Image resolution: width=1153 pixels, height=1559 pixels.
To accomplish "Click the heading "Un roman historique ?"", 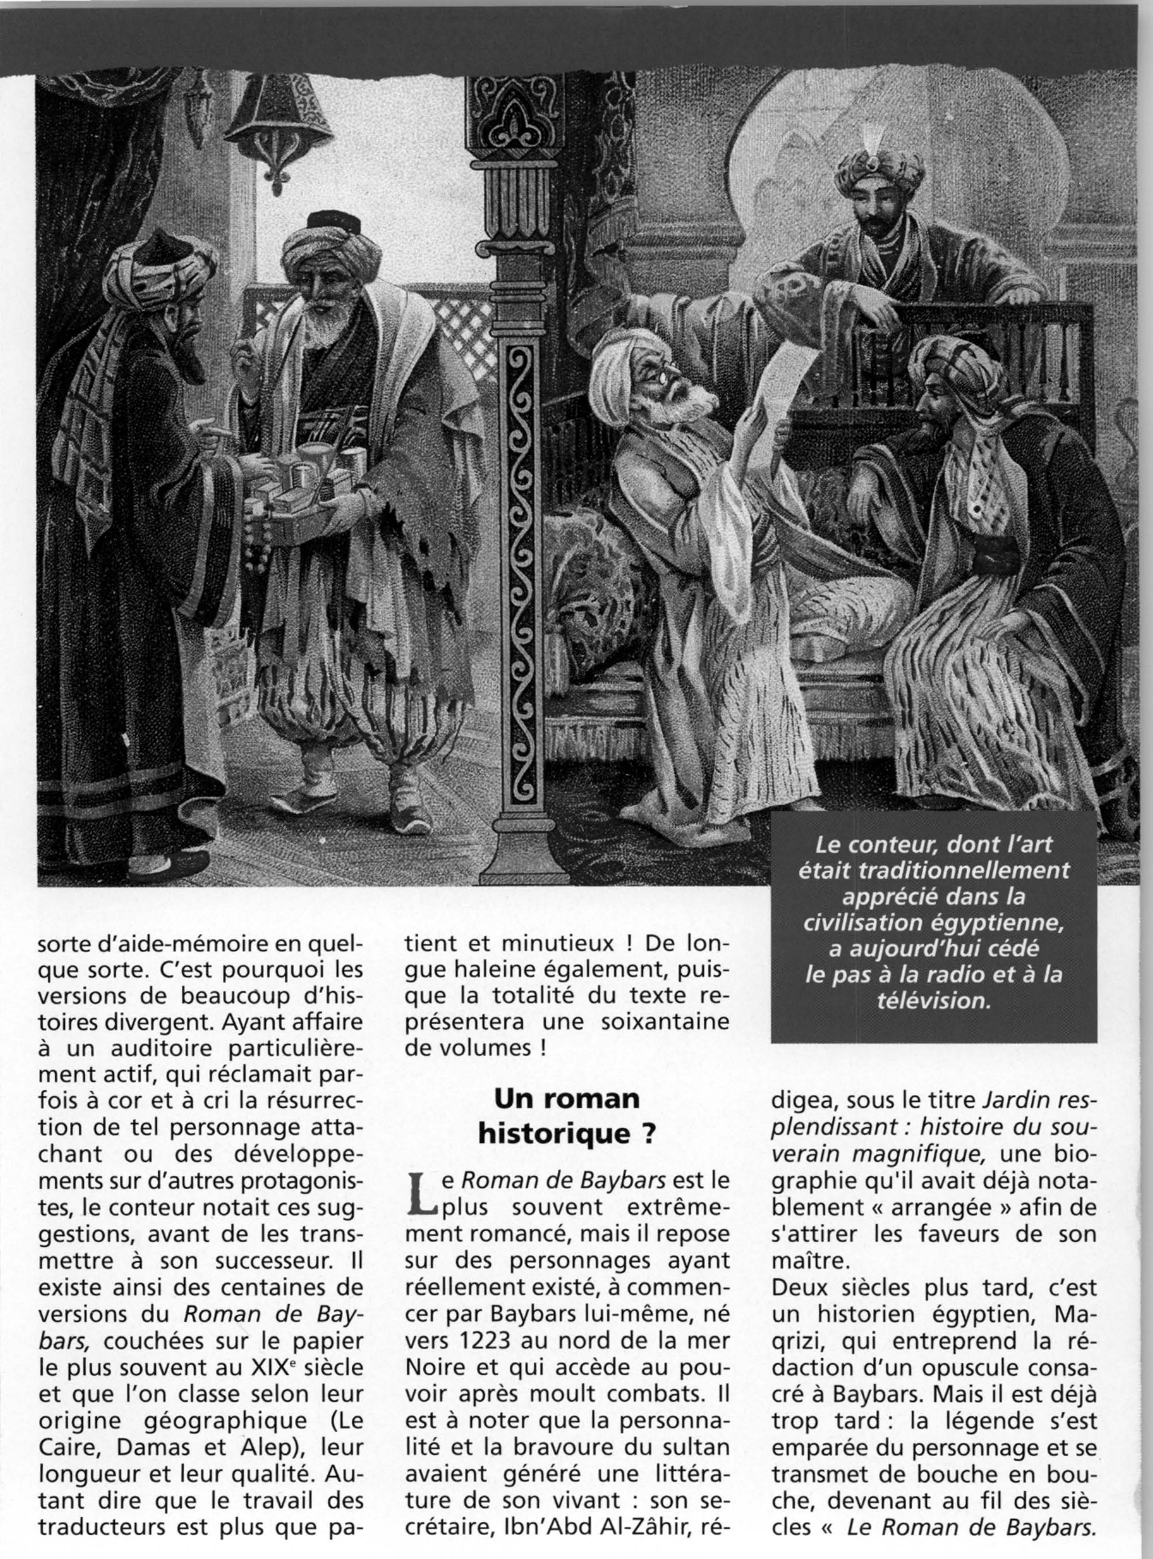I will [x=567, y=1116].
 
